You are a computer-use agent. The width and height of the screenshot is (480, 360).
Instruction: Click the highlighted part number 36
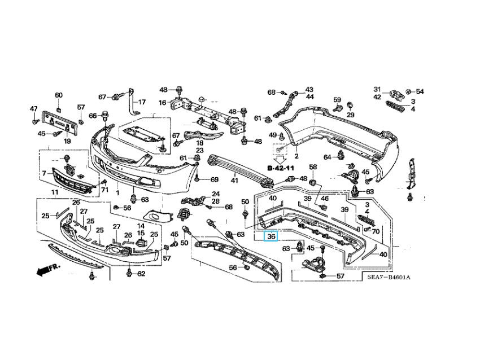click(271, 236)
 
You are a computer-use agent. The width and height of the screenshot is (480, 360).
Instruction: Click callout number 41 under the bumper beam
click(234, 181)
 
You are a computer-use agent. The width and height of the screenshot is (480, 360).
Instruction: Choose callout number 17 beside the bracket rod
click(142, 102)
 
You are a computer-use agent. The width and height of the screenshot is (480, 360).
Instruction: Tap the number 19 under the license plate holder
click(67, 141)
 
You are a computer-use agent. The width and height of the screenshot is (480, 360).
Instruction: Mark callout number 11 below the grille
click(55, 192)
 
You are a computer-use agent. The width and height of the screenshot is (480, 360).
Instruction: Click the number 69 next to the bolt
click(214, 179)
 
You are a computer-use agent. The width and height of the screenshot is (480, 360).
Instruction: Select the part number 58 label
click(313, 167)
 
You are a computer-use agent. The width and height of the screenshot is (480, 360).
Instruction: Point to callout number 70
click(376, 231)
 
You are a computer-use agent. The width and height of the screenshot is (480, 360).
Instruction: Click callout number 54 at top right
click(420, 91)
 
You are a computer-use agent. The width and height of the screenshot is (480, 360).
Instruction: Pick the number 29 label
click(350, 115)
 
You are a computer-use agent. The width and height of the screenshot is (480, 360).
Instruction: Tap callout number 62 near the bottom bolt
click(141, 274)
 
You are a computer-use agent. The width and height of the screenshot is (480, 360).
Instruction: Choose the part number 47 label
click(33, 109)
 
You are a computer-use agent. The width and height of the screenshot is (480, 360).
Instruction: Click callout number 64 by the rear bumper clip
click(328, 157)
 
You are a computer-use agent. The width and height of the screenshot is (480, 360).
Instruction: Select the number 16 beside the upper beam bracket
click(162, 103)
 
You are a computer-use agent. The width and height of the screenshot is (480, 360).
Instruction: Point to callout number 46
click(325, 199)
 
